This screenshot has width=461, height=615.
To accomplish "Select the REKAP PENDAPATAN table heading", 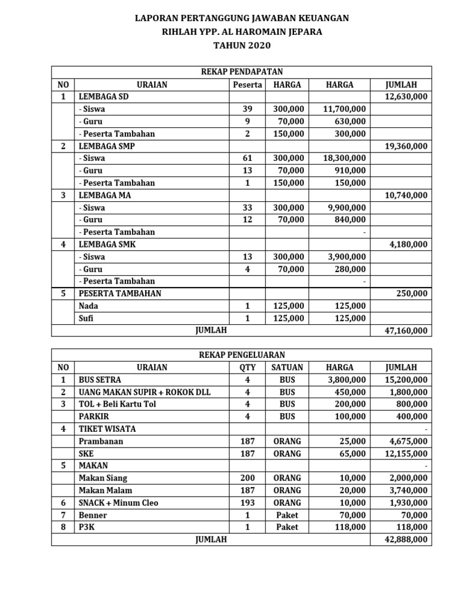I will pyautogui.click(x=241, y=72).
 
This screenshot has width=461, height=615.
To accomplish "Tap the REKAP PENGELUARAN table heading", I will pyautogui.click(x=241, y=355).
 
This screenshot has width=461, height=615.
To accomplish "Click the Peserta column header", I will pyautogui.click(x=247, y=85).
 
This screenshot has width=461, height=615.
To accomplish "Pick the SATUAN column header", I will pyautogui.click(x=287, y=368).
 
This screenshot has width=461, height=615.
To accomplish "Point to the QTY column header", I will pyautogui.click(x=247, y=368).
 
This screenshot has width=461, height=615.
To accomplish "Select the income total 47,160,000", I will pyautogui.click(x=407, y=330).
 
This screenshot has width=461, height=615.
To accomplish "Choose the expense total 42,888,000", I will pyautogui.click(x=407, y=540).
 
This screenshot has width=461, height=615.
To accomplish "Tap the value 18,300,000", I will pyautogui.click(x=345, y=158).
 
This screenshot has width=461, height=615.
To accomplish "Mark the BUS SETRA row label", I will pyautogui.click(x=100, y=380).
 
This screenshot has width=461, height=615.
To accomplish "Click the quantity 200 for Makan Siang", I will pyautogui.click(x=247, y=478).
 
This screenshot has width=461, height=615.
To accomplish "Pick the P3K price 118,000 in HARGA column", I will pyautogui.click(x=348, y=527).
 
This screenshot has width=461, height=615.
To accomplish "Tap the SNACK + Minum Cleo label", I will pyautogui.click(x=118, y=503).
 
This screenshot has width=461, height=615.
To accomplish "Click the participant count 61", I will pyautogui.click(x=247, y=158).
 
